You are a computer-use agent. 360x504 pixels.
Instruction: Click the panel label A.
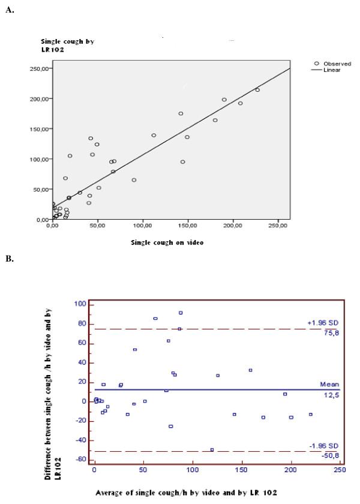tap(9, 10)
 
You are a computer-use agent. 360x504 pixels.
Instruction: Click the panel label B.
tap(9, 259)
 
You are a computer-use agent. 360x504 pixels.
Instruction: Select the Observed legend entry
tap(333, 63)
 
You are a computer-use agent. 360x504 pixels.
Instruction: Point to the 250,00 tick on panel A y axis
tap(39, 68)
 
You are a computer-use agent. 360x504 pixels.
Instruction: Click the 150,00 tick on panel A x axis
tap(188, 226)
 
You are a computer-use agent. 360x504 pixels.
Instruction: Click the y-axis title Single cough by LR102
tap(67, 46)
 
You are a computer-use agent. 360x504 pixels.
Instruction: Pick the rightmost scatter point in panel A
tap(257, 90)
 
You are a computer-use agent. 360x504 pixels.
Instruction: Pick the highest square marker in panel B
tap(181, 313)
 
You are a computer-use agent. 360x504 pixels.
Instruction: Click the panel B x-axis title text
tap(187, 493)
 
